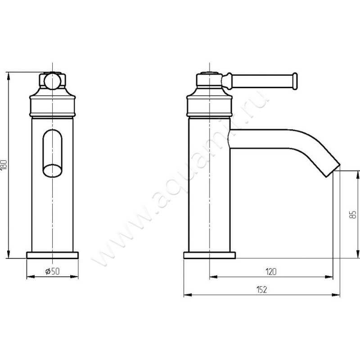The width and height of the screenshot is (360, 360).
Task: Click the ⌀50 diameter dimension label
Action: click(x=52, y=271)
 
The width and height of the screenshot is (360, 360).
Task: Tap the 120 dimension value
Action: click(x=271, y=272)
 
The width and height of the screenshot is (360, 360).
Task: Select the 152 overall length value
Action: click(x=261, y=290)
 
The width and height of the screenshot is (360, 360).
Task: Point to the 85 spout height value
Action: click(x=354, y=215)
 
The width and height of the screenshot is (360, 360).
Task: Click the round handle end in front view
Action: click(x=52, y=81)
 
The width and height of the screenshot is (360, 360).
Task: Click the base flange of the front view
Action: click(x=52, y=255)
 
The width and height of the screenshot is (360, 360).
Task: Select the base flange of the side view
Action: click(x=210, y=255)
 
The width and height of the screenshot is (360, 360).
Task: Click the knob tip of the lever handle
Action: click(x=295, y=81)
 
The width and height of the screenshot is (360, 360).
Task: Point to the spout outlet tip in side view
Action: click(x=333, y=171)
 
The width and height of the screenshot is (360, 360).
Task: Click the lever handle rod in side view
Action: click(x=262, y=81)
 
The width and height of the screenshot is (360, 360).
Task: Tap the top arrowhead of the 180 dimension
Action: click(x=9, y=76)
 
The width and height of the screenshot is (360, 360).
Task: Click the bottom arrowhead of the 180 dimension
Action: click(x=9, y=254)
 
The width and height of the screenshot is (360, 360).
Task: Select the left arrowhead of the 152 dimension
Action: click(x=188, y=295)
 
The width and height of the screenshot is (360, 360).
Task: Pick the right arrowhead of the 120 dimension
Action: click(x=328, y=277)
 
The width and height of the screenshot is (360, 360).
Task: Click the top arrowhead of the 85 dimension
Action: click(x=357, y=175)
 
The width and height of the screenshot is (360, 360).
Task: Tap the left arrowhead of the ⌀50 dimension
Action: click(x=31, y=277)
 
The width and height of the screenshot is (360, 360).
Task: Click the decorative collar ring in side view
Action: click(x=210, y=106)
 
